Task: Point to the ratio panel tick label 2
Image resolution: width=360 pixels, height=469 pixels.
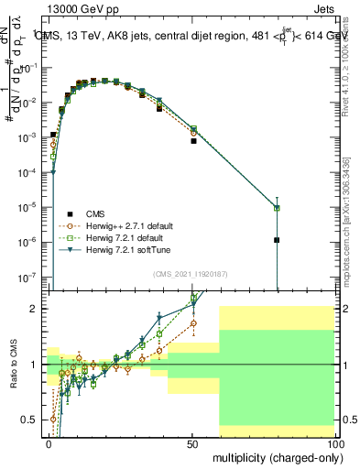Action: tap(37, 309)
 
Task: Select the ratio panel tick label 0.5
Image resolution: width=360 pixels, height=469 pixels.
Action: tap(32, 420)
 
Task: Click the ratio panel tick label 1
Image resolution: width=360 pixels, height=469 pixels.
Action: tap(37, 365)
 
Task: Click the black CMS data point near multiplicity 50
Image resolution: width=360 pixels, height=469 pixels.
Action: tap(193, 141)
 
